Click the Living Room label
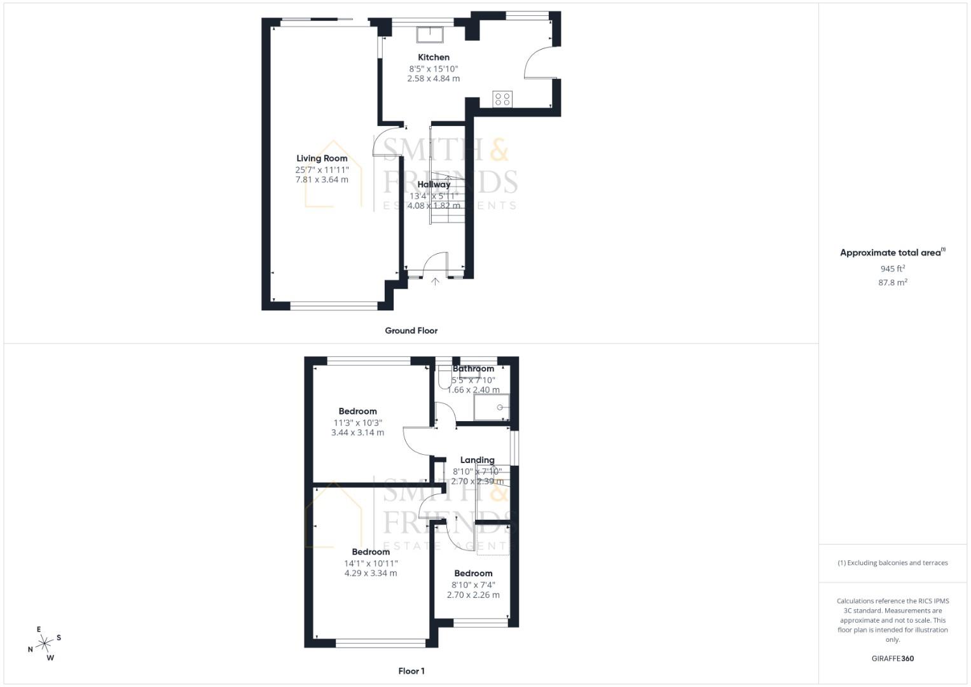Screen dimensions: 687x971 click(x=322, y=158)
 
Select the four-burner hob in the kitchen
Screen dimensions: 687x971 click(x=502, y=99)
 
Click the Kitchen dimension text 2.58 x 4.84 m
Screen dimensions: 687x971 click(x=433, y=79)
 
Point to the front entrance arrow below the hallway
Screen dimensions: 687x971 click(x=436, y=281)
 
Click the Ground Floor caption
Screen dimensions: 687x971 click(x=411, y=331)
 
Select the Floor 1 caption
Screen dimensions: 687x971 click(x=411, y=671)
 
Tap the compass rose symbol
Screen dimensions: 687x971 click(x=45, y=644)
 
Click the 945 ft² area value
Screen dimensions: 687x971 click(x=892, y=269)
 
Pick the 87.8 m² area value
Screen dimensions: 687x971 click(x=892, y=282)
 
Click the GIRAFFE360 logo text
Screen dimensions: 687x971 click(x=892, y=658)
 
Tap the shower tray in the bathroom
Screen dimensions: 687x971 click(x=492, y=407)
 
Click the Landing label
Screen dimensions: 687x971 click(x=477, y=460)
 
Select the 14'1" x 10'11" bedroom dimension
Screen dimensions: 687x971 click(x=371, y=563)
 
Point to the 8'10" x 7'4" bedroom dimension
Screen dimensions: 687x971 click(x=473, y=585)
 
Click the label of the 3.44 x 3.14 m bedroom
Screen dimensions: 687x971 click(x=357, y=412)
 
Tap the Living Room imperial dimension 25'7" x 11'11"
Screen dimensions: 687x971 click(x=322, y=170)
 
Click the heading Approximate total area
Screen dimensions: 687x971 click(x=892, y=253)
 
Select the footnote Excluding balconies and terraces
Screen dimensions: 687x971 click(x=893, y=563)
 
